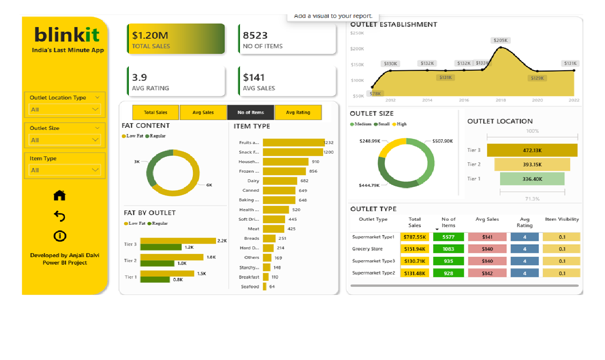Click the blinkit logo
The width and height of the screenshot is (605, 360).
pos(67,35)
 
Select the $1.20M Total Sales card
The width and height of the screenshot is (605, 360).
pos(176,39)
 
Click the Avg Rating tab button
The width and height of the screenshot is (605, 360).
pos(298,112)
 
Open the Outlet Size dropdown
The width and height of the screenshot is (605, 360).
pos(65,140)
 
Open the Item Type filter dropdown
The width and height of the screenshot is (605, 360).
pos(65,170)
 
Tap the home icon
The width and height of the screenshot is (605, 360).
pos(59,196)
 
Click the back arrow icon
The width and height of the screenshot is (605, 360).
pos(59,216)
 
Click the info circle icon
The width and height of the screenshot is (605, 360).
pos(59,236)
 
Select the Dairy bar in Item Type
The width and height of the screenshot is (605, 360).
pos(280,181)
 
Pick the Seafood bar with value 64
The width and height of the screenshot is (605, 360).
pos(265,287)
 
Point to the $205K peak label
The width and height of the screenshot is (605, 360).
pos(500,40)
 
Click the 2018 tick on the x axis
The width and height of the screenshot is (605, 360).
pos(500,100)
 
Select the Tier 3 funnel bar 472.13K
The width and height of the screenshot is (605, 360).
pos(532,151)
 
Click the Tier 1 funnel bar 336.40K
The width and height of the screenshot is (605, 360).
pos(532,179)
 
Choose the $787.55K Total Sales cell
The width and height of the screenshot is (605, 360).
pos(414,237)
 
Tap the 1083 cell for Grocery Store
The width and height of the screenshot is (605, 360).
pos(448,249)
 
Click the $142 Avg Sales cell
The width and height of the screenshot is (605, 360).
pos(487,273)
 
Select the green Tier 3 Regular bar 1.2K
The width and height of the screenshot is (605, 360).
pos(161,247)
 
